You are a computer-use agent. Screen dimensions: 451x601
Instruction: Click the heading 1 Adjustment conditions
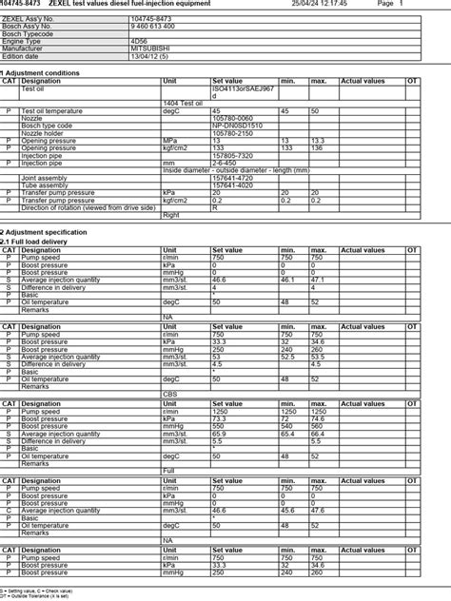[x=40, y=72]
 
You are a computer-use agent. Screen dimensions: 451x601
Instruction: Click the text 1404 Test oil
[x=184, y=103]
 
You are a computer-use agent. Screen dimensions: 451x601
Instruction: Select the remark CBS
[x=170, y=393]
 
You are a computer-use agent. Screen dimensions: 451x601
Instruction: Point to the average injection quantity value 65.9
[x=220, y=433]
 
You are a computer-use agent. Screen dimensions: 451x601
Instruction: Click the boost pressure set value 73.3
[x=219, y=417]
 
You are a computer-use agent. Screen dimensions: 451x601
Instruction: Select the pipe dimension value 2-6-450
[x=225, y=163]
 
